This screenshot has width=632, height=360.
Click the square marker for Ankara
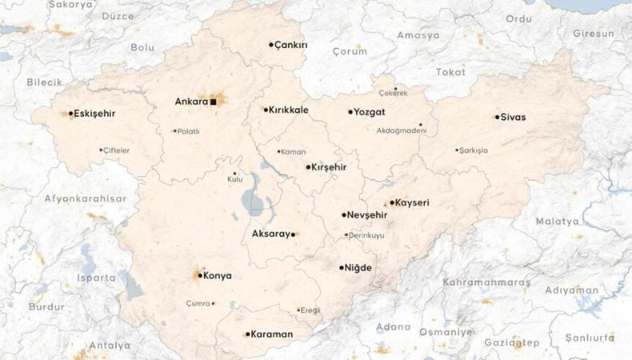coord(214,102)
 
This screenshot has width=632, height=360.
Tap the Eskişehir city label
coord(94,114)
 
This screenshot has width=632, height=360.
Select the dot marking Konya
coord(199,275)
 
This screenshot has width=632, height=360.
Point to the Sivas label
coord(513,117)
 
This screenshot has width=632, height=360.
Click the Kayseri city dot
coord(392,203)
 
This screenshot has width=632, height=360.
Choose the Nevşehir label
coord(368,215)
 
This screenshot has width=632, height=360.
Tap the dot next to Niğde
coord(342,268)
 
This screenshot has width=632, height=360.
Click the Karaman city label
coord(273,334)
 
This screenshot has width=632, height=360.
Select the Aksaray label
coord(270,234)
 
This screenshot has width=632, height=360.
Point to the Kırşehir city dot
coord(309,167)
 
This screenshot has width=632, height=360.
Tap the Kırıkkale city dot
coord(266,110)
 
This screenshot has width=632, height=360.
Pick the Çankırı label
coord(291,46)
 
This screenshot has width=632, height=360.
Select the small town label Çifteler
coord(116,150)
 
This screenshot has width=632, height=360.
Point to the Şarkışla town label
coord(474,150)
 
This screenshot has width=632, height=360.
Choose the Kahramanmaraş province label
coord(487,282)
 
